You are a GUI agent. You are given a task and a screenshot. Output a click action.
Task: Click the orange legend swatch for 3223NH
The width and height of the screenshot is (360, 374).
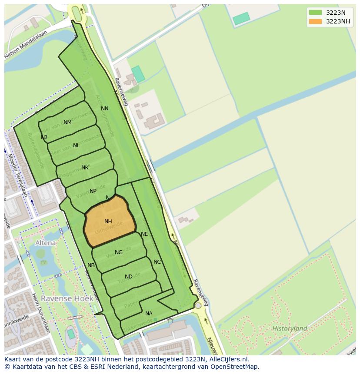[x=316, y=21]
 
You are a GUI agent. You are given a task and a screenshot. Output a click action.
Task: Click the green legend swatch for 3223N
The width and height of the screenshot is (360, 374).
[x=316, y=13]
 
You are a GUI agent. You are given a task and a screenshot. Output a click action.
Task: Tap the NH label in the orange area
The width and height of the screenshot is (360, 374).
[x=108, y=222]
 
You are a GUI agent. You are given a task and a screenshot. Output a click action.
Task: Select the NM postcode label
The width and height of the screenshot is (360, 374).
[x=67, y=122]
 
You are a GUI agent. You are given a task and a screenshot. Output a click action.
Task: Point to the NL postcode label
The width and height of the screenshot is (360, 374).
[x=77, y=146]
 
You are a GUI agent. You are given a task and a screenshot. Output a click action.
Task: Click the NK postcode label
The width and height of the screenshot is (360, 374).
[x=85, y=168]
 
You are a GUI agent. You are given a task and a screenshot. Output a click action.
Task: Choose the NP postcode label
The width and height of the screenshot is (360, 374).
[x=93, y=191]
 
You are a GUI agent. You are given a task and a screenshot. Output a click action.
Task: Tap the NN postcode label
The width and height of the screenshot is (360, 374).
[x=105, y=109]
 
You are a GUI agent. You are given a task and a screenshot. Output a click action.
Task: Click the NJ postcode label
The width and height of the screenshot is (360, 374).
[x=44, y=137]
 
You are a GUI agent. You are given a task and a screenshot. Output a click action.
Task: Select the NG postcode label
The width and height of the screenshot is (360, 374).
[x=119, y=252]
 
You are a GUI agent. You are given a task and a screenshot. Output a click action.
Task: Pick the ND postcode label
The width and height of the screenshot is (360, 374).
[x=129, y=277]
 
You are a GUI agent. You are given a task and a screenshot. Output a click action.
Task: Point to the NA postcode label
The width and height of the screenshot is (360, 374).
[x=149, y=314]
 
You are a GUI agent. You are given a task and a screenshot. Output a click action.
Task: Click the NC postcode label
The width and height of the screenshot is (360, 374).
[x=157, y=262]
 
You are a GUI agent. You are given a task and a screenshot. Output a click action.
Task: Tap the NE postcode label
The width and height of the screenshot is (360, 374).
[x=144, y=234]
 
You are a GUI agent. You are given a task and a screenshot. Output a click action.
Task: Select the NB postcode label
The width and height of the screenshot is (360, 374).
[x=91, y=265]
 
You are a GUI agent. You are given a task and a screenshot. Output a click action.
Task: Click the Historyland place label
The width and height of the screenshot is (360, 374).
[x=290, y=328]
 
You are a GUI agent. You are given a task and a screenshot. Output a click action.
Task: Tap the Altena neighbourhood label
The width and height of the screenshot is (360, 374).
[x=46, y=243]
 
